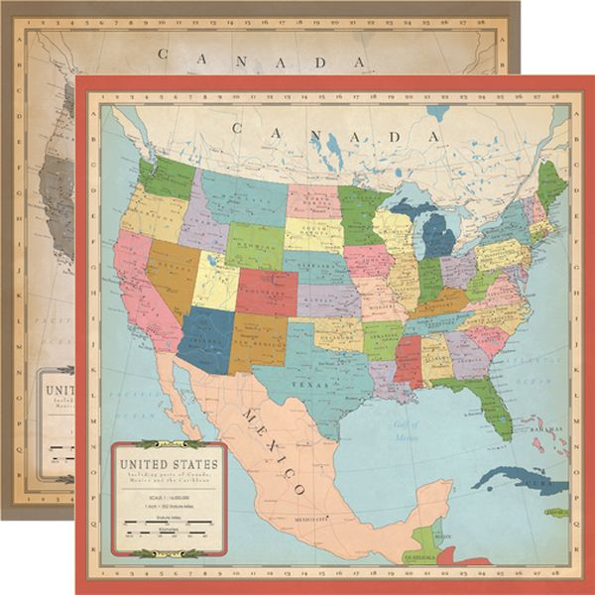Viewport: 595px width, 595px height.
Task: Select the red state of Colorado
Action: [x=266, y=291]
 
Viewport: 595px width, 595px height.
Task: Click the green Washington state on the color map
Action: [x=167, y=177]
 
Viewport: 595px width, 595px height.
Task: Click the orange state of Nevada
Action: [x=169, y=272]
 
